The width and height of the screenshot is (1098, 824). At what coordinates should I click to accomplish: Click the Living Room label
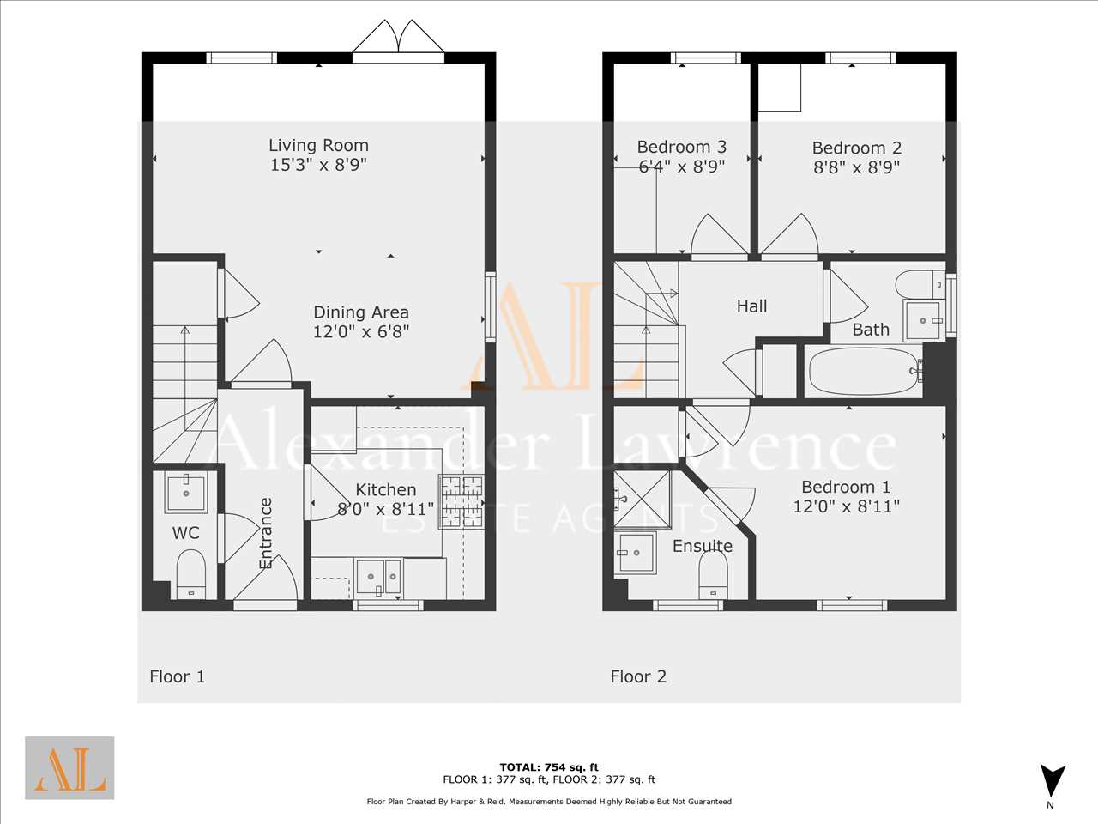pyautogui.click(x=318, y=146)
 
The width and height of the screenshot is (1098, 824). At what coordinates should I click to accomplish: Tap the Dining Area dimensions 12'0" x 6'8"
pyautogui.click(x=361, y=331)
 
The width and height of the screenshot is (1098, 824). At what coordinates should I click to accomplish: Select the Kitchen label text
pyautogui.click(x=386, y=489)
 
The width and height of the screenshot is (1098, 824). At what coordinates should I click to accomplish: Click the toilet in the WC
pyautogui.click(x=191, y=574)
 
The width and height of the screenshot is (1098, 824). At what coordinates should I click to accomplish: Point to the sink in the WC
pyautogui.click(x=186, y=493)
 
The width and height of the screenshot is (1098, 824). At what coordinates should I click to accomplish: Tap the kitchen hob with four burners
pyautogui.click(x=462, y=502)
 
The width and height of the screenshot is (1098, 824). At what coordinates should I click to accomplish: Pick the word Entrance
pyautogui.click(x=266, y=533)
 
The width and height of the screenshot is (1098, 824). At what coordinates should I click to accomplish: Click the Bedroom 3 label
pyautogui.click(x=682, y=147)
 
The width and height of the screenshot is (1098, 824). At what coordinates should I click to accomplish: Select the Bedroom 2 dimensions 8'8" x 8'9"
pyautogui.click(x=857, y=167)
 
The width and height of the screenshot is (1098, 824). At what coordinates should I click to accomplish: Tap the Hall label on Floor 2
pyautogui.click(x=751, y=306)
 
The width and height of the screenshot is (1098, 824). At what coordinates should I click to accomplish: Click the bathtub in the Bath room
pyautogui.click(x=865, y=371)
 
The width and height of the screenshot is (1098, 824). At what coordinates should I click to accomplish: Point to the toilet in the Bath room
pyautogui.click(x=920, y=284)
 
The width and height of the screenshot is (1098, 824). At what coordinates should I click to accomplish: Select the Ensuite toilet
pyautogui.click(x=713, y=574)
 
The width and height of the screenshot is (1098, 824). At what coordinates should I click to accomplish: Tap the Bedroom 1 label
pyautogui.click(x=846, y=487)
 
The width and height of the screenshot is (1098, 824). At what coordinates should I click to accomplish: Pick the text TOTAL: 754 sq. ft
pyautogui.click(x=549, y=767)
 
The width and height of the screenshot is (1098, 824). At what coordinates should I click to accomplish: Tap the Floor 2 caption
pyautogui.click(x=638, y=676)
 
